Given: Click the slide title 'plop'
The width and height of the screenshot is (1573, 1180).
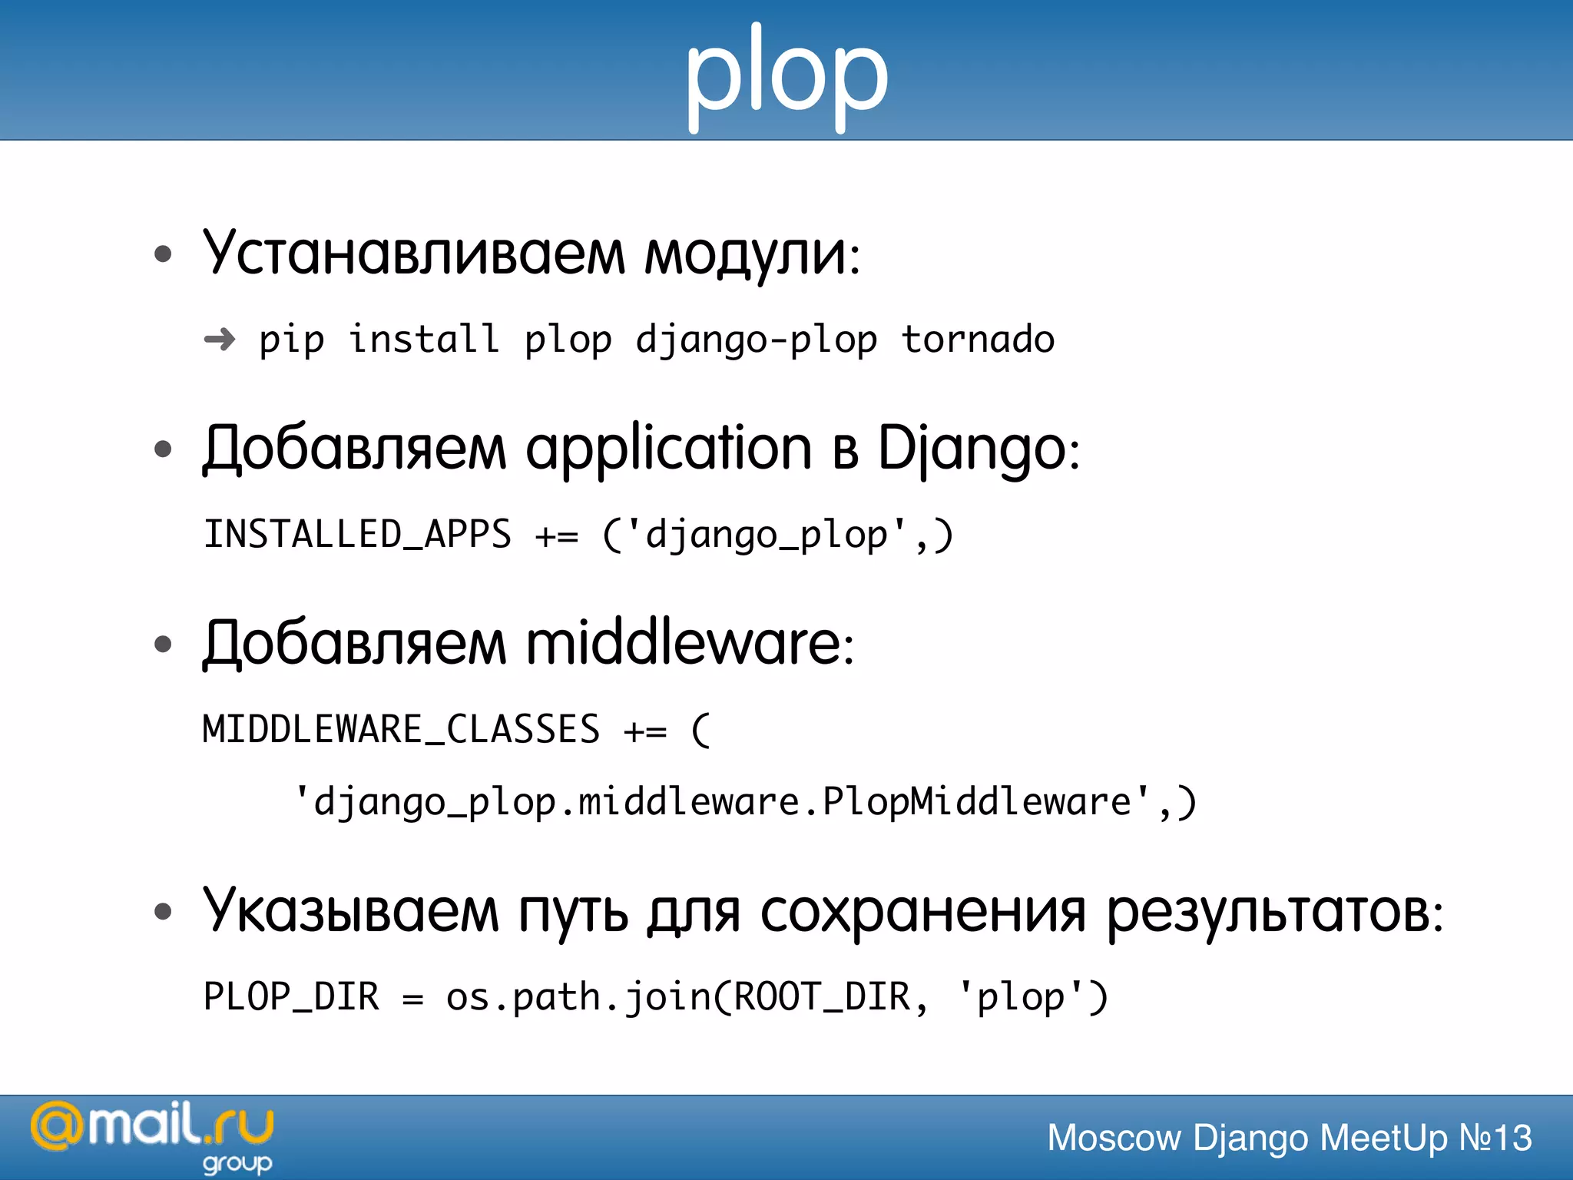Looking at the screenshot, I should pos(786,77).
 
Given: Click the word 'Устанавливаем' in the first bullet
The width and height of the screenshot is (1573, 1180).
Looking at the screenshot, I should pos(414,253).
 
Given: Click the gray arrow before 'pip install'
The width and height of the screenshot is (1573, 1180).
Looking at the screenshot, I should pos(220,339).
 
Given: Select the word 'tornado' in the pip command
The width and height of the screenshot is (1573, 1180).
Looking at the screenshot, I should pos(978,340).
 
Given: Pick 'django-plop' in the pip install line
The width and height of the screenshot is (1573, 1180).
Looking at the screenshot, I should pos(756,340).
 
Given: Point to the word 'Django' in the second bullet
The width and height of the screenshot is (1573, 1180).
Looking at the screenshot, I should pos(972,449).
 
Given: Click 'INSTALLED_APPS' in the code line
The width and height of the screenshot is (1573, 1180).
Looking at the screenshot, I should pos(357,534).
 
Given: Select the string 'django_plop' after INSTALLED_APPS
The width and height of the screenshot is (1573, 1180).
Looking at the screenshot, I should pos(767,535).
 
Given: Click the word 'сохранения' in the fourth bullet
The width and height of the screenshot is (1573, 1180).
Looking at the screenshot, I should pos(922,912).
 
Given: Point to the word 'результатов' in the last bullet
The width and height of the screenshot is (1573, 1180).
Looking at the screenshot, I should pos(1268,913).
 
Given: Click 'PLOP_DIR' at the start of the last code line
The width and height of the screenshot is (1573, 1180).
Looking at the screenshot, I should pos(291,996).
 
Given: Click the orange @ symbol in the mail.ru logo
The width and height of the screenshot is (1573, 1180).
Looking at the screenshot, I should pos(56,1127).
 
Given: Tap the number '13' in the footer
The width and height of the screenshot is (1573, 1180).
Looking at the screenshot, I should pos(1512,1138).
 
